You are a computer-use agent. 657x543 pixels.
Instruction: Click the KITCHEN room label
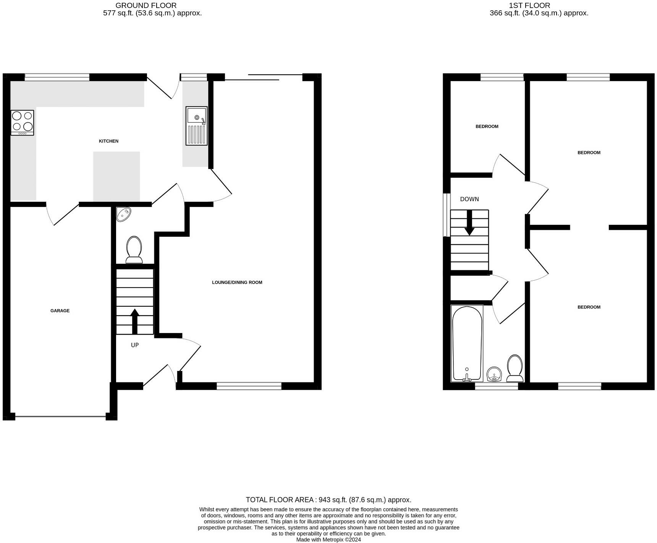click(x=108, y=141)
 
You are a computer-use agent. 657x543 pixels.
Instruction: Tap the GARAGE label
click(x=60, y=311)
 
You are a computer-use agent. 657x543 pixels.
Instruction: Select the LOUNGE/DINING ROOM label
click(x=237, y=282)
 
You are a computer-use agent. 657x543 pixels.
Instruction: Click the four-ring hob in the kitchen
click(x=23, y=122)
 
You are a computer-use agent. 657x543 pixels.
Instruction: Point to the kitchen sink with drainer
click(x=196, y=126)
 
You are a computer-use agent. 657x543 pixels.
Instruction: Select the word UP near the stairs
click(x=135, y=345)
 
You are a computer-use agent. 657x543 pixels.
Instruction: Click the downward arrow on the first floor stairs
click(x=469, y=223)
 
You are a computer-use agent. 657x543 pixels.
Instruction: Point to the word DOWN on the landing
click(x=469, y=199)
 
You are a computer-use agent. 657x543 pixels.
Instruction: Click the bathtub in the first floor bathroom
click(x=467, y=343)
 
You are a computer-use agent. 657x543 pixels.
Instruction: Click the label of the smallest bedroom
click(x=487, y=127)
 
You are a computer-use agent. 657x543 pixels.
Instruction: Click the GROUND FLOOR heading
click(x=146, y=5)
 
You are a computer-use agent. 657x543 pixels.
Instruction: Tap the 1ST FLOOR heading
click(x=529, y=5)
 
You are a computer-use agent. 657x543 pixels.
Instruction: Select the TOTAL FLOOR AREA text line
click(x=328, y=499)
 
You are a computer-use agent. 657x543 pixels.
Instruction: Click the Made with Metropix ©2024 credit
click(x=328, y=540)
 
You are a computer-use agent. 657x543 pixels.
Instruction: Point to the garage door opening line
click(x=60, y=416)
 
